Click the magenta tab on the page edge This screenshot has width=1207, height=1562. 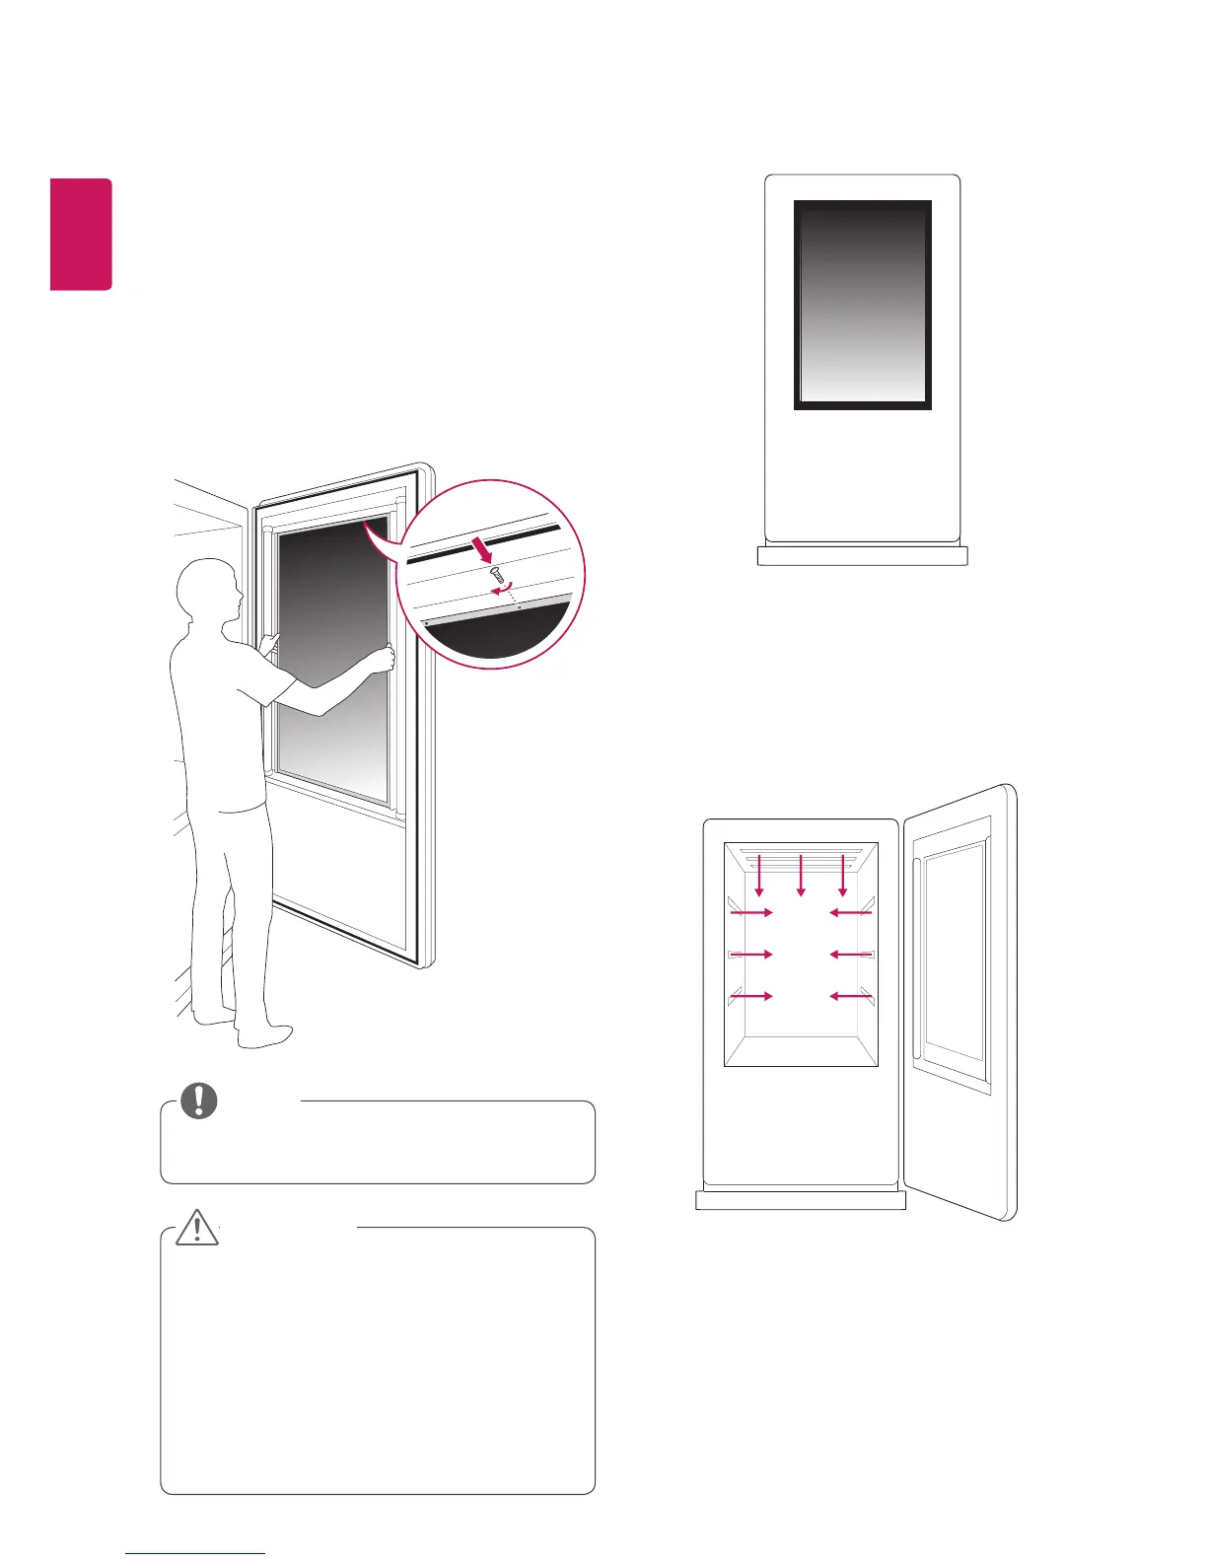click(x=82, y=235)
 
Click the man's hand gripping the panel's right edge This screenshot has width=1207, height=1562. click(x=384, y=659)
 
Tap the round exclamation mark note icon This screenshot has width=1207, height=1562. click(x=198, y=1100)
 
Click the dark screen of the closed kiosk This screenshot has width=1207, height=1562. click(x=863, y=305)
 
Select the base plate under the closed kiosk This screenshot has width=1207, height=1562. click(x=863, y=556)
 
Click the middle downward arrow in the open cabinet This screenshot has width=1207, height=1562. click(x=801, y=876)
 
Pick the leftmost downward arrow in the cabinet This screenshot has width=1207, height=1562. click(x=758, y=876)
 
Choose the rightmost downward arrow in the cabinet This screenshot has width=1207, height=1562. click(x=842, y=876)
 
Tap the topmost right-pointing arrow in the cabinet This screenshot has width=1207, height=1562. click(x=751, y=913)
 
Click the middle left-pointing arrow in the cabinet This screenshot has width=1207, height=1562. click(x=850, y=955)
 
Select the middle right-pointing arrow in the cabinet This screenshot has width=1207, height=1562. click(x=751, y=955)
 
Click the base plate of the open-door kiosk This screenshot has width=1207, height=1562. click(x=800, y=1200)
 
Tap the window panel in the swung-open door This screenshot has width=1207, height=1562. click(x=953, y=951)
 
